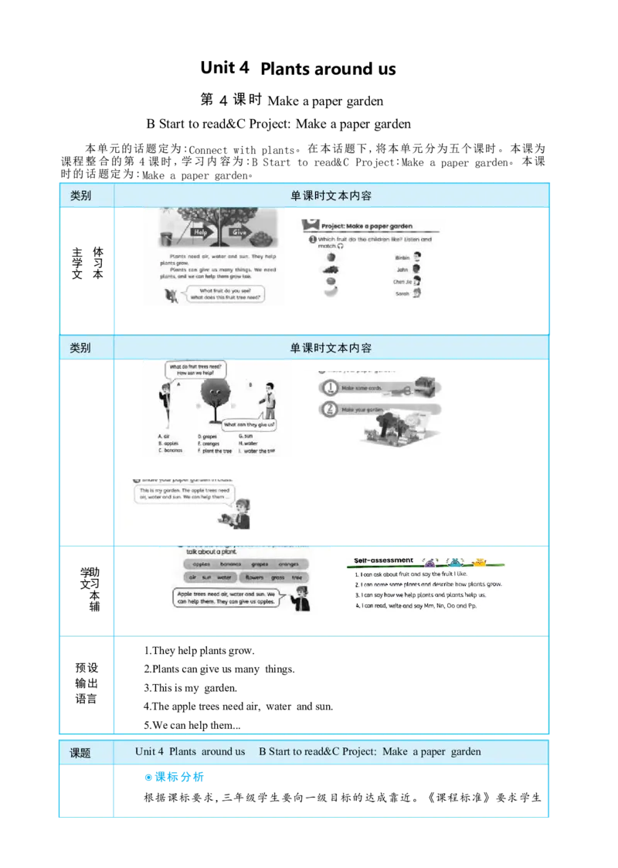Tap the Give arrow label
click(x=239, y=231)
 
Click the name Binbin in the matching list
click(x=402, y=257)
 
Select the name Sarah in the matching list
click(x=402, y=294)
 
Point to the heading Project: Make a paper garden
click(x=366, y=226)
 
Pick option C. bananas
click(x=170, y=451)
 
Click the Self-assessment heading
click(x=384, y=560)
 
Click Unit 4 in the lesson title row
click(x=150, y=752)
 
